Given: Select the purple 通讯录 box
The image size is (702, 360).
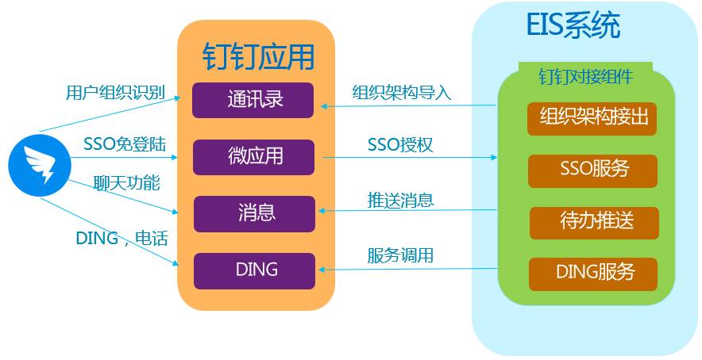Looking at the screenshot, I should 254,100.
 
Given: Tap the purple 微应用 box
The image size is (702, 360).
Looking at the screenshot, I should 254,156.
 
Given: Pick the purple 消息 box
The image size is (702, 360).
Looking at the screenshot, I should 255,213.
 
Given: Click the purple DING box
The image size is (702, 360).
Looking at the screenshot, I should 255,270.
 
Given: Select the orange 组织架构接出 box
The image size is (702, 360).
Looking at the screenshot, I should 593,117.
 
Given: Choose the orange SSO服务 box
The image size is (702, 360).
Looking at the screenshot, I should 593,170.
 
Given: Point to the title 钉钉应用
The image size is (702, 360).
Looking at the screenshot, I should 258,56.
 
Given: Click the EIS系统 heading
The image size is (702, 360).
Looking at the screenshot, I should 572,28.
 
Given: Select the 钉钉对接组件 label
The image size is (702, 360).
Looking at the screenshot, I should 585,77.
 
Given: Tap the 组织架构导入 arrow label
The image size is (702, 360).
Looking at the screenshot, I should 401,92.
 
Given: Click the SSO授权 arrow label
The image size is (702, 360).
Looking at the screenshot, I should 399,145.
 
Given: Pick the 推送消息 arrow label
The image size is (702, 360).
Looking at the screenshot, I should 400,199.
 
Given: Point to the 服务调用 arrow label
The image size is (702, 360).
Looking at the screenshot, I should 400,256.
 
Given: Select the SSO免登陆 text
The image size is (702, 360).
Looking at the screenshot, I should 124,144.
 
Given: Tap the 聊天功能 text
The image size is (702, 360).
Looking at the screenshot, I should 126,184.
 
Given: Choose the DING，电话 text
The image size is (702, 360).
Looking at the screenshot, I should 121,238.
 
